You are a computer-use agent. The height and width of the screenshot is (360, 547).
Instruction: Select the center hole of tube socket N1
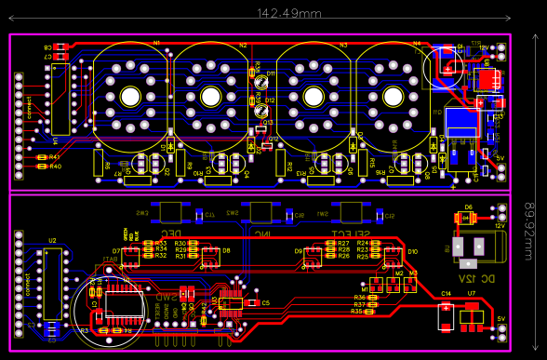(x=129, y=96)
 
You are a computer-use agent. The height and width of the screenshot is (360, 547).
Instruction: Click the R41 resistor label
(x=54, y=158)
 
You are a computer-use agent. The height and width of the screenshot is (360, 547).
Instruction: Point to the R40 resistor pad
(x=42, y=167)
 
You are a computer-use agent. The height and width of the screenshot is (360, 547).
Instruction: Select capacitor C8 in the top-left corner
(x=60, y=47)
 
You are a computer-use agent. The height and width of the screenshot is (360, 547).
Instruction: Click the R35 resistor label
(x=357, y=312)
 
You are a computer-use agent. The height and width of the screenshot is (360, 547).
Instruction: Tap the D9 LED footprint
(x=312, y=251)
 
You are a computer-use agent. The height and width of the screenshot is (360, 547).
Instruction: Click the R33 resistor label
(x=161, y=243)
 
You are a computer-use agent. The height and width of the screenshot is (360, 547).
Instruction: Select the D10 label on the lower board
(x=412, y=251)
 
